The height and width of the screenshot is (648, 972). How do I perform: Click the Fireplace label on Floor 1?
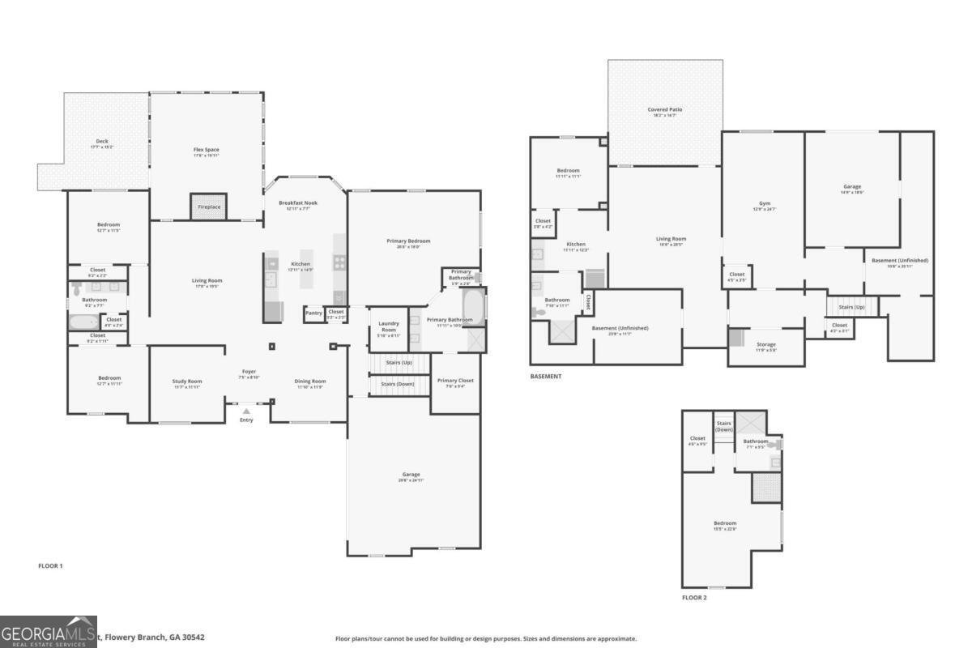coord(208,207)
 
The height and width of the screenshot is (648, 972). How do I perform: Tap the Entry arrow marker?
coord(246,411)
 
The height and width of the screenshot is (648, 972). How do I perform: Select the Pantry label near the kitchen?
coord(313,312)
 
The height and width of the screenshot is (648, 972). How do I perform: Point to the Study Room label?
coord(187,381)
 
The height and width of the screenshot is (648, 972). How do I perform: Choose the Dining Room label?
coord(309,381)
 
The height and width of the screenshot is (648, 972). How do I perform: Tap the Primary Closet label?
coord(455,381)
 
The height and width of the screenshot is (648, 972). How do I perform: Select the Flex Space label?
coord(206,150)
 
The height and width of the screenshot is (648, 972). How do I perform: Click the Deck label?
coord(102,142)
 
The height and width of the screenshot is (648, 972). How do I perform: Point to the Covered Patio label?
coord(664,109)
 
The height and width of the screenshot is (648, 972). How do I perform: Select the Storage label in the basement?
coord(765,344)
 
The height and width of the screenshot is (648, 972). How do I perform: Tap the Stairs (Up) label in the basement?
coord(850,308)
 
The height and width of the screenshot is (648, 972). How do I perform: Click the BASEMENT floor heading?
coord(546,376)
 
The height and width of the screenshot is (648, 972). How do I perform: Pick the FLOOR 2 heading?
coord(694,597)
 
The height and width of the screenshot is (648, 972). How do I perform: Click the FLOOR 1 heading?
coord(50,565)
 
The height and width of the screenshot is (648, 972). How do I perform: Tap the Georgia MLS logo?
coord(49,632)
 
